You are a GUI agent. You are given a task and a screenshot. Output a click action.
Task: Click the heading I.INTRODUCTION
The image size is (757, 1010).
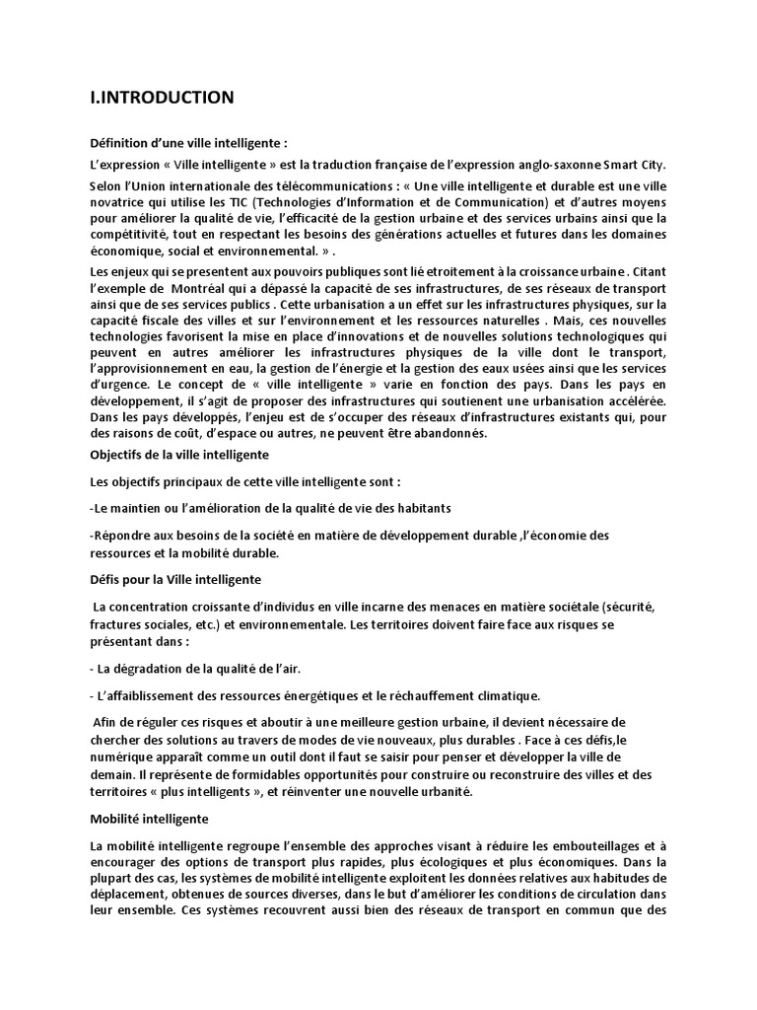coord(162,97)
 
